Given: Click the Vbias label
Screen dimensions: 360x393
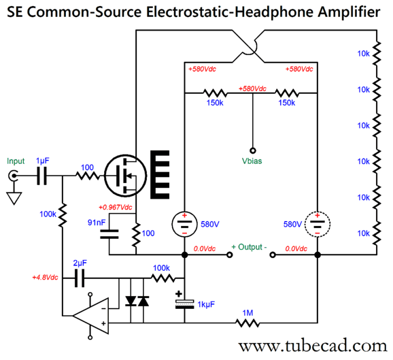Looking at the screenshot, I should pyautogui.click(x=252, y=162).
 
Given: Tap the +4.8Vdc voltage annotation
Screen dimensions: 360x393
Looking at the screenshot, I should pyautogui.click(x=46, y=278).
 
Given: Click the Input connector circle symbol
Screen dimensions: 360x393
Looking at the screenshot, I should pyautogui.click(x=13, y=176).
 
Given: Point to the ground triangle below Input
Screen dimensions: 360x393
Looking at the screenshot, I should pyautogui.click(x=13, y=198).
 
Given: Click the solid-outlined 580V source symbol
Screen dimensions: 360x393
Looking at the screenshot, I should pyautogui.click(x=184, y=223).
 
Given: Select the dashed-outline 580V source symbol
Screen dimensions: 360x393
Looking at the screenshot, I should pyautogui.click(x=317, y=223).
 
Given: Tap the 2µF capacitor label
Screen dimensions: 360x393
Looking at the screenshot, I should pyautogui.click(x=80, y=262).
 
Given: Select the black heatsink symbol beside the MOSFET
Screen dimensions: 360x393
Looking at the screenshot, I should pyautogui.click(x=161, y=174).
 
